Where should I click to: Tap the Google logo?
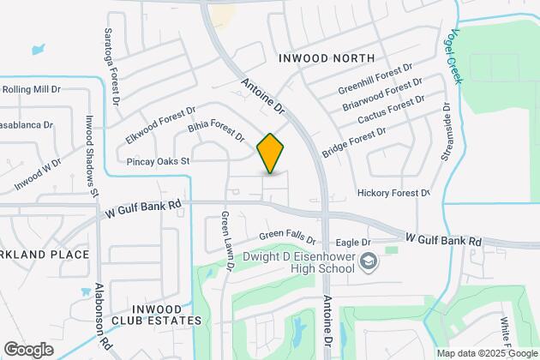(x=29, y=349)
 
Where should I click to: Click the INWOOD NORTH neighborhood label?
(x=327, y=58)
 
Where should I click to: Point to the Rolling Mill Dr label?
(x=31, y=88)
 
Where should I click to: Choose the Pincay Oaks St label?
(x=157, y=160)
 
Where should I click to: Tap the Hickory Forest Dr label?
(x=393, y=194)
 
